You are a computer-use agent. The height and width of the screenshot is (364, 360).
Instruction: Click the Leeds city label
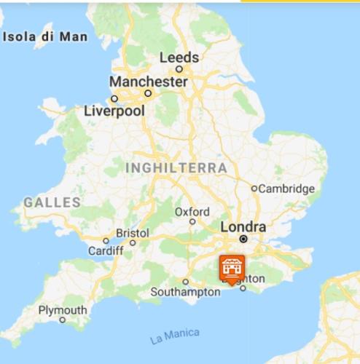point(179,57)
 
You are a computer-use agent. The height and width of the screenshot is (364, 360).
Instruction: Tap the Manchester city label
point(148,81)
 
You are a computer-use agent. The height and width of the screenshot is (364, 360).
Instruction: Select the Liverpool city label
point(114,111)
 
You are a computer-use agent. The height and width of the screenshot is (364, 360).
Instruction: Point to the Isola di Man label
point(46,36)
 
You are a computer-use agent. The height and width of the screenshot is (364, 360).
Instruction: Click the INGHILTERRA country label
point(176,168)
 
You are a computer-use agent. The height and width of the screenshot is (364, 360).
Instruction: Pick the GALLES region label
point(51,202)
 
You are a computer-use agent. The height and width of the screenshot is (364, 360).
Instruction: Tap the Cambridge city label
point(287,189)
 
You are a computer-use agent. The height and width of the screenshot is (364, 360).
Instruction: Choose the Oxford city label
point(192,212)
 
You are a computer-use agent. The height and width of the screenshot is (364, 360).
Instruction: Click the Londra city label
point(243,226)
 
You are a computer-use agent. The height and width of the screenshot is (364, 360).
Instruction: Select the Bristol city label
point(133,233)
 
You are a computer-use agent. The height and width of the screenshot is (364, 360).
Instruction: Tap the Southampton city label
point(185,292)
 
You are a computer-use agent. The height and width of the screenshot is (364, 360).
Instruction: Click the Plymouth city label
point(63,310)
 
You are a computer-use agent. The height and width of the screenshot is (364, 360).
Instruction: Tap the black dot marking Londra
point(244,238)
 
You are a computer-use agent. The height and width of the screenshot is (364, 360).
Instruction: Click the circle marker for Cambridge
point(254,189)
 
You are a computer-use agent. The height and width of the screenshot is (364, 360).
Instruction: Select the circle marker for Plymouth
point(63,320)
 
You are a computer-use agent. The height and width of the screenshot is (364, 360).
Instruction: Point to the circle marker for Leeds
point(179,69)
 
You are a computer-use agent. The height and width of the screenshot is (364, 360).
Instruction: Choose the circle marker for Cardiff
point(106,241)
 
